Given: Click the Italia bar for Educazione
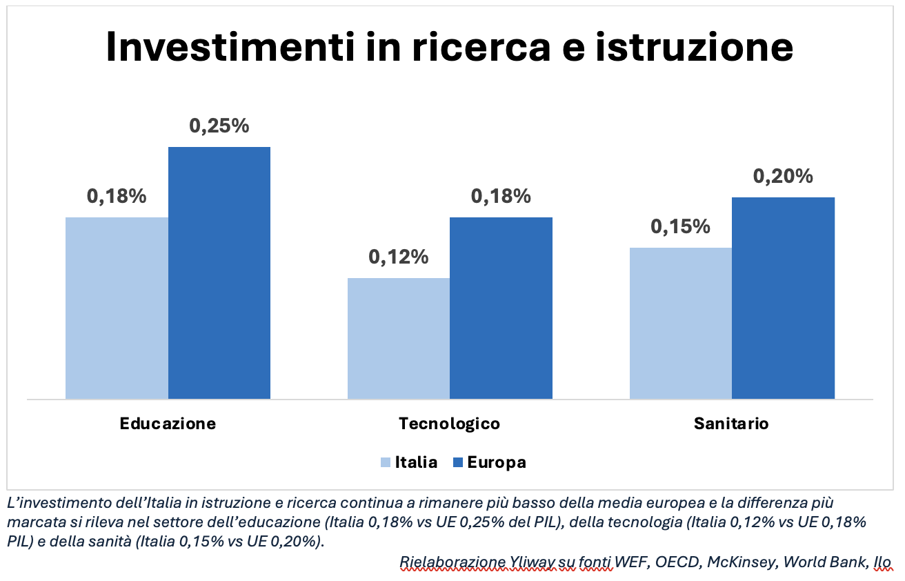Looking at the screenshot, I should [x=117, y=308].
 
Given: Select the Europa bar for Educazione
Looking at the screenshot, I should [x=219, y=273].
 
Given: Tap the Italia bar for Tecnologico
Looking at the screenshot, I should [x=399, y=338].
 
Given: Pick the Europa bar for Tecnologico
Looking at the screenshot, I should [x=501, y=308].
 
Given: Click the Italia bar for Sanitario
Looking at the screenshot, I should [x=681, y=323].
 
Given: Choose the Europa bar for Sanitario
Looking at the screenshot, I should [x=783, y=298].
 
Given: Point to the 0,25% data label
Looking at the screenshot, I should [x=219, y=126].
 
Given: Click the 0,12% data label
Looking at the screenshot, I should [x=399, y=257].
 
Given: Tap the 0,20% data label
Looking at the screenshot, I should [x=783, y=177].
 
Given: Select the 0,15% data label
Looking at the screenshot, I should [x=681, y=226].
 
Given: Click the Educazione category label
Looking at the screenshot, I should [x=168, y=424].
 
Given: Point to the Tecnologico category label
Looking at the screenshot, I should [x=449, y=424].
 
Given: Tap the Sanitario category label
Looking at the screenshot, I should [x=731, y=424].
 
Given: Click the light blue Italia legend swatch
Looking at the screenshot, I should [x=386, y=462].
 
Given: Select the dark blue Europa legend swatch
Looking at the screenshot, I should [x=458, y=462].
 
